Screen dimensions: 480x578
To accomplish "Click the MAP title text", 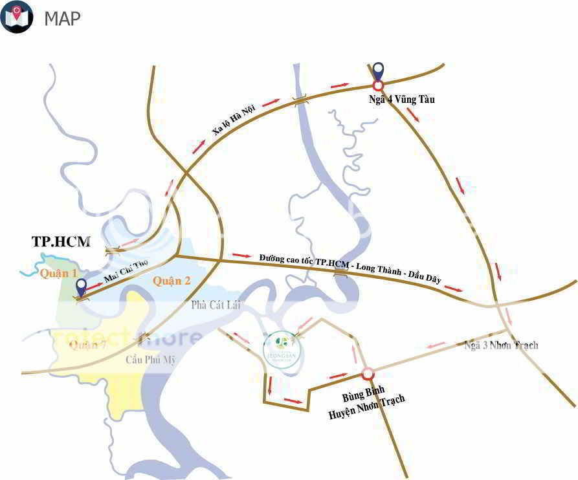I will [63, 18].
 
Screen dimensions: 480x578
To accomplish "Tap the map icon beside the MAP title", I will [17, 17].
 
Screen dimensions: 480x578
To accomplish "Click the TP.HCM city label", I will [61, 242].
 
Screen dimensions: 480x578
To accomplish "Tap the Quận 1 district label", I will [58, 274].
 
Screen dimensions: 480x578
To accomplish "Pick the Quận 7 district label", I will [87, 345].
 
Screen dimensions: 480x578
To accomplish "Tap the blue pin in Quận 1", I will [82, 287].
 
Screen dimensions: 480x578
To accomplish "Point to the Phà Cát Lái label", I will [216, 305].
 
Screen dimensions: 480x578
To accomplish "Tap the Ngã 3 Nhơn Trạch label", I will [502, 345].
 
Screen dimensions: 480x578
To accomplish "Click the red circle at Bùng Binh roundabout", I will [368, 373].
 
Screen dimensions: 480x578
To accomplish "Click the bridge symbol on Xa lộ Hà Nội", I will [299, 100].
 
